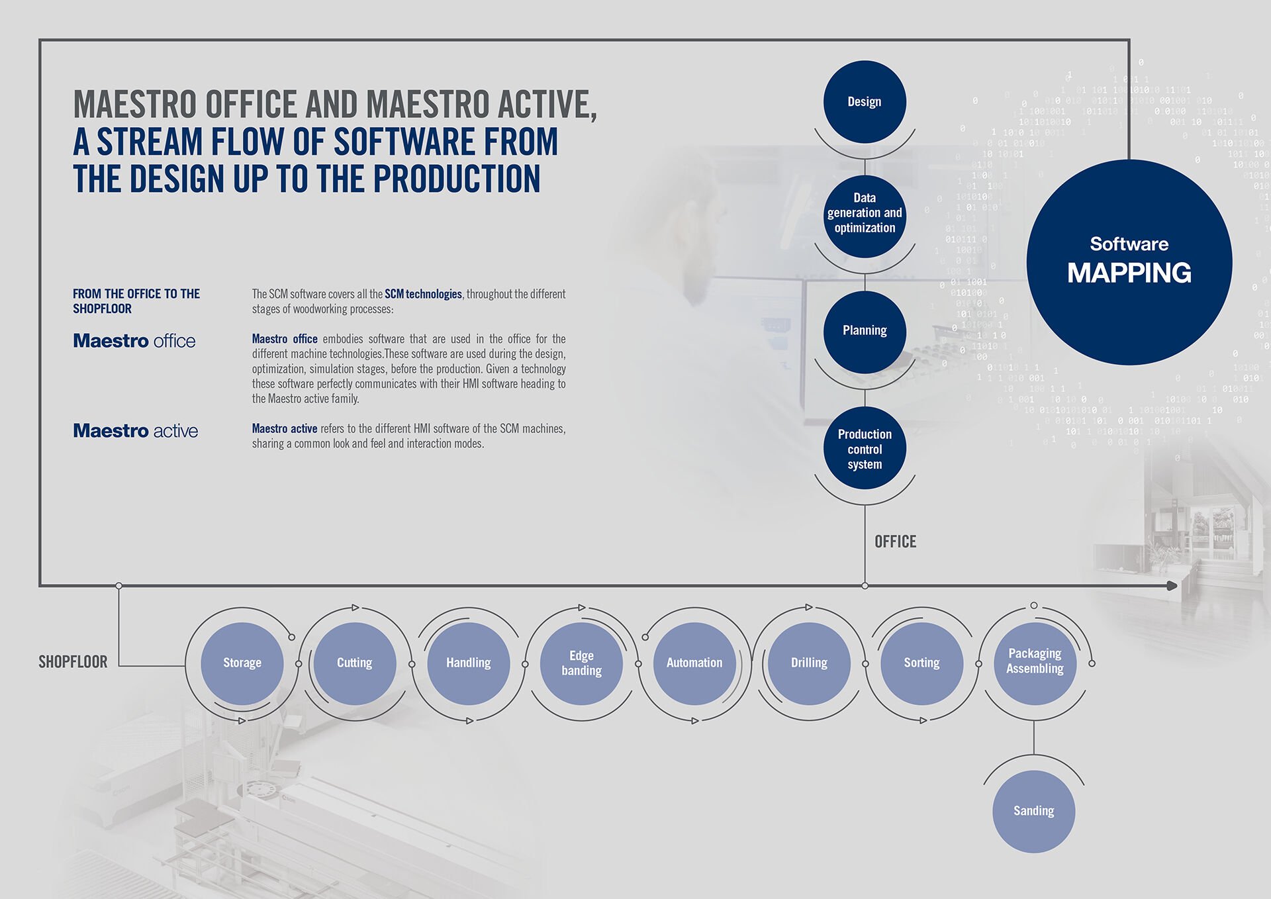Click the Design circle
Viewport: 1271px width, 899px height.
pos(865,102)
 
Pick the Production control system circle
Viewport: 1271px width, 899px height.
pos(865,448)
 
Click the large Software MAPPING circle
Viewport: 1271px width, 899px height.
pos(1129,262)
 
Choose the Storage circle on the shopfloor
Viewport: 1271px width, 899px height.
pos(242,663)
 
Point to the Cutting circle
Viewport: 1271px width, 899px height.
pos(355,663)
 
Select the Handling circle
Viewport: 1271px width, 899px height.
pos(469,663)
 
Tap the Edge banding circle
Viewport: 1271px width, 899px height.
pos(582,663)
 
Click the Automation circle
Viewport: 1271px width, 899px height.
pos(694,663)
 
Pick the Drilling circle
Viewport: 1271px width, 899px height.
pos(809,663)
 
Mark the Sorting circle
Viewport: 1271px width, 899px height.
pos(921,663)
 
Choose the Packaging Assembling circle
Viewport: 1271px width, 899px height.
pos(1035,663)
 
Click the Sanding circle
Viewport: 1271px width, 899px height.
pos(1034,812)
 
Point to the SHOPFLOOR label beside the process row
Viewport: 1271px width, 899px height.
pos(73,662)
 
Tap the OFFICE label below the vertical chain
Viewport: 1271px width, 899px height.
pos(896,542)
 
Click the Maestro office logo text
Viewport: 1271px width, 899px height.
pos(134,341)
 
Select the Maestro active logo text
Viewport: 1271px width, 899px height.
pos(136,431)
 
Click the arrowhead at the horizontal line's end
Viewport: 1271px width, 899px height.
pos(1172,586)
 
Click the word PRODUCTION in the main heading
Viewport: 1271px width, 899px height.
pos(457,179)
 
